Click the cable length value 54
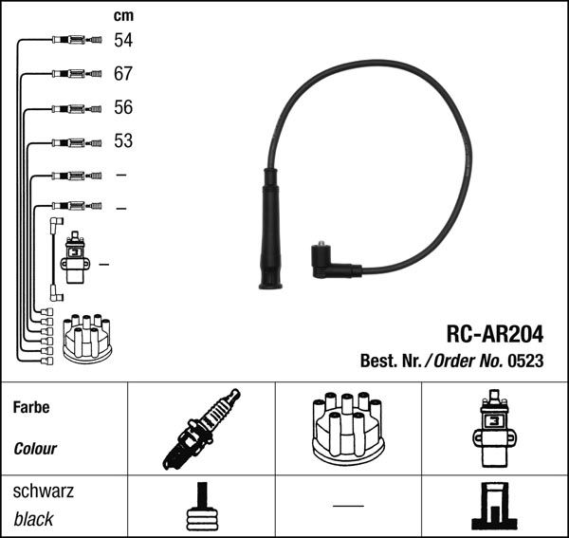pos(123,40)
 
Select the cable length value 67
pos(123,74)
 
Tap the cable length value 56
pos(123,107)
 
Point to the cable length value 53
pos(123,141)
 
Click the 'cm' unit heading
pos(122,15)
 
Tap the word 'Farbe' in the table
pos(31,407)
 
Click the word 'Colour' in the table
pos(35,449)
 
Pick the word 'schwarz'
pos(43,492)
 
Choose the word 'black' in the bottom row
pos(34,519)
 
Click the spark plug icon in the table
pos(201,430)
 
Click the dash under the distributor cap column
pos(348,505)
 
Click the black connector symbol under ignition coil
pos(493,508)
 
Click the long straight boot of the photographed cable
pos(270,228)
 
